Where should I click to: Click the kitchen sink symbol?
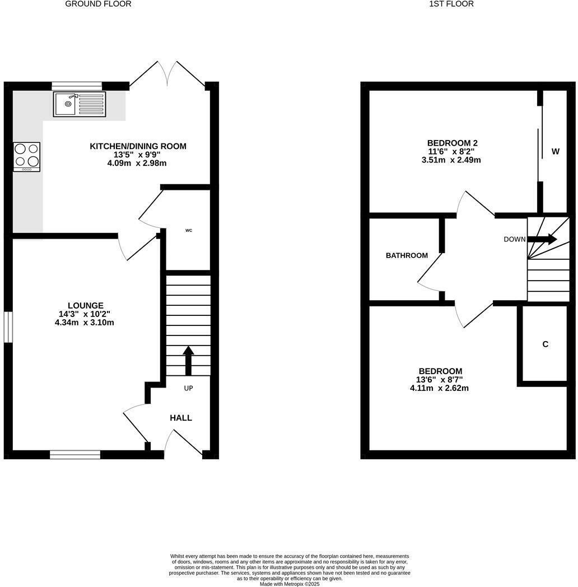pyautogui.click(x=79, y=104)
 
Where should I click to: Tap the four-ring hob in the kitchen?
pyautogui.click(x=27, y=156)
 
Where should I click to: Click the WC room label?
pyautogui.click(x=189, y=230)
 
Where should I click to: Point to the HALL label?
pyautogui.click(x=181, y=418)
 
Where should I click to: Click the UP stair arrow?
pyautogui.click(x=188, y=361)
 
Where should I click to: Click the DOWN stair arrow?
pyautogui.click(x=542, y=239)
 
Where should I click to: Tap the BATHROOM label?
pyautogui.click(x=407, y=255)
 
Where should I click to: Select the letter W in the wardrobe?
pyautogui.click(x=556, y=151)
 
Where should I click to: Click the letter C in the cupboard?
pyautogui.click(x=545, y=344)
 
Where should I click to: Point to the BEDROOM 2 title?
pyautogui.click(x=452, y=143)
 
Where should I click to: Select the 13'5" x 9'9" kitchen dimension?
pyautogui.click(x=138, y=155)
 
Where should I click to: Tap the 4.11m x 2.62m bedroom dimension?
pyautogui.click(x=439, y=388)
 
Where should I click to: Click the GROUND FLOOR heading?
pyautogui.click(x=99, y=4)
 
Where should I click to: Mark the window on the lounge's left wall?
pyautogui.click(x=8, y=327)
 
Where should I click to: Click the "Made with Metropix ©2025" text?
pyautogui.click(x=290, y=583)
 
